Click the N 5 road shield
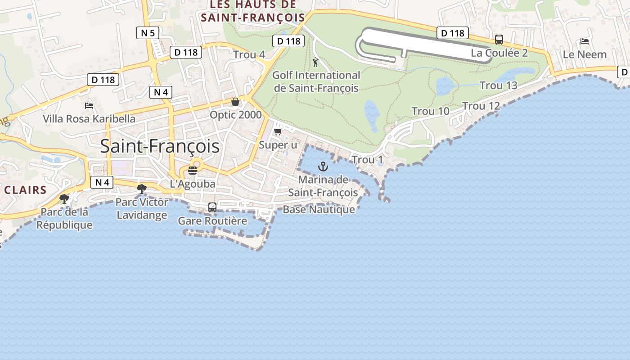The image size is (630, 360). tap(148, 32)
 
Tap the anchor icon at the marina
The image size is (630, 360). tap(323, 167)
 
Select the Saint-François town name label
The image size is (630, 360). tap(160, 146)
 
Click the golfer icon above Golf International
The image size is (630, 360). tap(315, 62)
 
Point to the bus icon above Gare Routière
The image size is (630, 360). tap(212, 207)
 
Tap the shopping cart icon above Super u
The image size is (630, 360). tap(278, 131)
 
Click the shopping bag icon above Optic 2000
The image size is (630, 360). tap(235, 102)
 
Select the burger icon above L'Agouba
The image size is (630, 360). tap(193, 171)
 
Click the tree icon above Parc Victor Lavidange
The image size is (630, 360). tap(142, 189)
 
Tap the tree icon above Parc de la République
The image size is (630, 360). tap(64, 198)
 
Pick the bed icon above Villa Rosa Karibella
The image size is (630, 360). tap(89, 106)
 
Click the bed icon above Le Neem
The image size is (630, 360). tap(585, 41)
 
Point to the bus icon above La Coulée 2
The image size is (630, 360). tap(499, 40)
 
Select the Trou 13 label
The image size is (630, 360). tap(498, 85)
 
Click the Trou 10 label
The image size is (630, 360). tap(430, 111)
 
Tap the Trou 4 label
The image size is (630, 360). tap(249, 55)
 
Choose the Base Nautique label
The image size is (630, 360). tap(319, 210)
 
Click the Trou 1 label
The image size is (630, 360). tap(367, 160)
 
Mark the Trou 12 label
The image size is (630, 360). tap(481, 106)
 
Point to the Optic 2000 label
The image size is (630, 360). tap(235, 115)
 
